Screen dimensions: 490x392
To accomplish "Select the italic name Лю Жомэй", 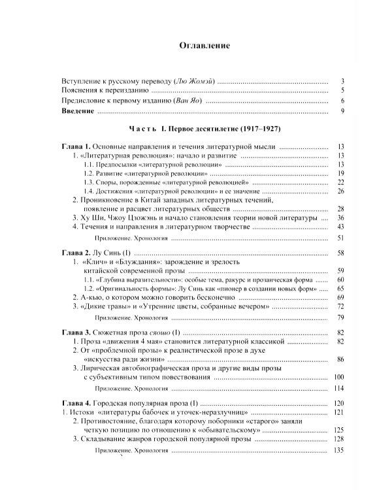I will point(194,81).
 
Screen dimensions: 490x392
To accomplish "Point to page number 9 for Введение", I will point(342,112).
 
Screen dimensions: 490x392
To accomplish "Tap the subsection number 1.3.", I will point(90,182).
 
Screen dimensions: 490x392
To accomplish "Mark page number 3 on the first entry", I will point(342,81).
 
